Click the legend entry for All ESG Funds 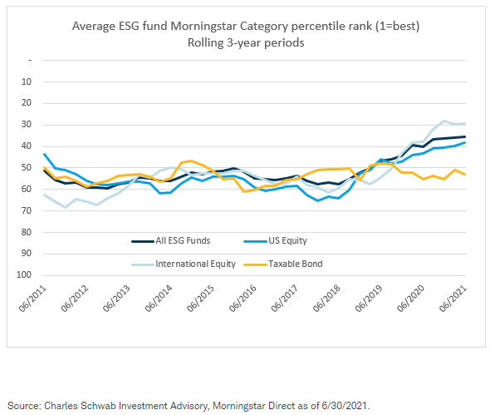coord(174,240)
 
